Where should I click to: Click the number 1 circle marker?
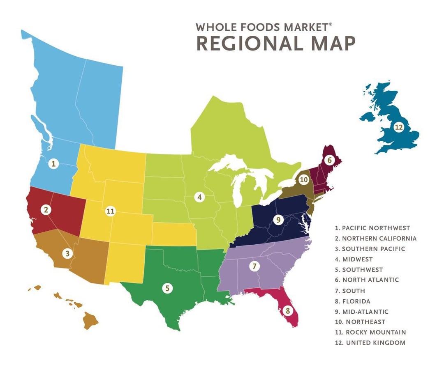[x=53, y=164]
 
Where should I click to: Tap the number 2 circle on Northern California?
[x=46, y=210]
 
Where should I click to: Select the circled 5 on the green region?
[x=167, y=288]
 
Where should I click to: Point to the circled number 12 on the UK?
[x=398, y=127]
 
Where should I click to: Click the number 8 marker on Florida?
[x=287, y=311]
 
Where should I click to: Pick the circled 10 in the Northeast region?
[x=303, y=179]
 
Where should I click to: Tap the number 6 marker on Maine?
[x=329, y=161]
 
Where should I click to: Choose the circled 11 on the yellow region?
[x=110, y=211]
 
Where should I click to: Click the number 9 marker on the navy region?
[x=278, y=220]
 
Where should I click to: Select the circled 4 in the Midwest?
[x=199, y=197]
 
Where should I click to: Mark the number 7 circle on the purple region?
[x=254, y=266]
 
